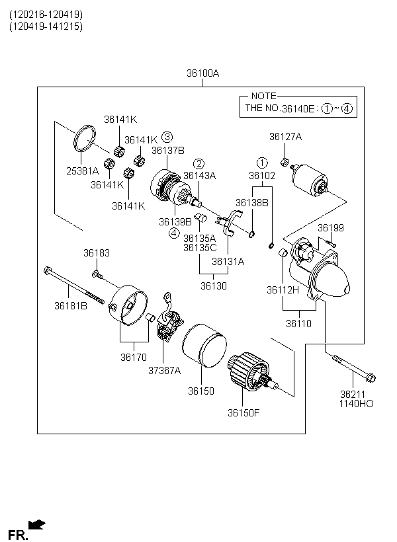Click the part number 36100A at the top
(203, 73)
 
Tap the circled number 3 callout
(167, 137)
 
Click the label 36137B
(168, 150)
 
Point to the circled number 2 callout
(198, 164)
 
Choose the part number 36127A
(286, 137)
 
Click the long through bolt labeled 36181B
(74, 286)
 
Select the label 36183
(97, 253)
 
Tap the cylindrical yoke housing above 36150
(204, 345)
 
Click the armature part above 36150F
(252, 372)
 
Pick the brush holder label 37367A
(164, 371)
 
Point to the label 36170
(134, 357)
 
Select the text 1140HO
(356, 404)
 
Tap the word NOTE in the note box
(264, 96)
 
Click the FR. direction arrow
(36, 525)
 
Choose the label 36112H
(283, 290)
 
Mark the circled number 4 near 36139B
(174, 233)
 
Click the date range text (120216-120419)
(46, 15)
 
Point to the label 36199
(331, 228)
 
